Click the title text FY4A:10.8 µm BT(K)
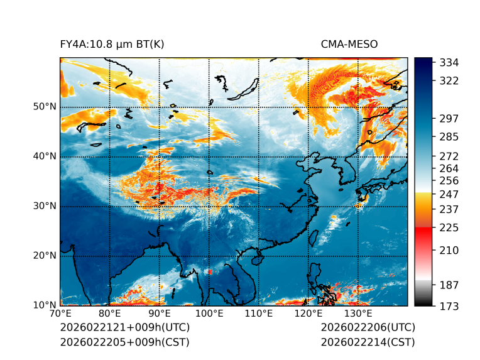coord(112,44)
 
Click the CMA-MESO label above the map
coord(349,44)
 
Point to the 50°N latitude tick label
coord(44,107)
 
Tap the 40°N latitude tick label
coord(44,156)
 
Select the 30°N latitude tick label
coord(44,206)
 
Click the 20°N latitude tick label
coord(44,256)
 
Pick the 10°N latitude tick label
coord(44,305)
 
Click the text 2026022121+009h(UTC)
coord(124,328)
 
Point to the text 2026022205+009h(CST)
coord(124,342)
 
